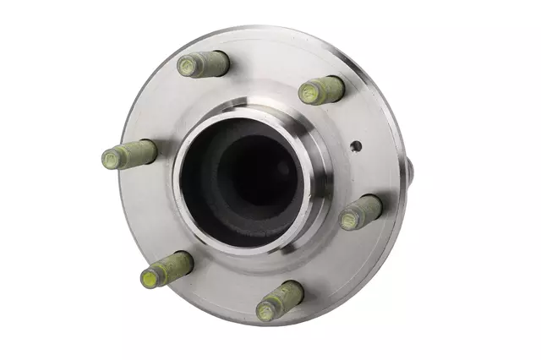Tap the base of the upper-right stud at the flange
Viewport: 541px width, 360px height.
[x=338, y=85]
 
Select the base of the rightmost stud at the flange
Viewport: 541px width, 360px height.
[x=376, y=205]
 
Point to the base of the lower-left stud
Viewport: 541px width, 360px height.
[x=188, y=260]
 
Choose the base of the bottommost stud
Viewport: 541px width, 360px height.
[x=298, y=291]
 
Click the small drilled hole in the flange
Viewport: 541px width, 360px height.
[x=356, y=145]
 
